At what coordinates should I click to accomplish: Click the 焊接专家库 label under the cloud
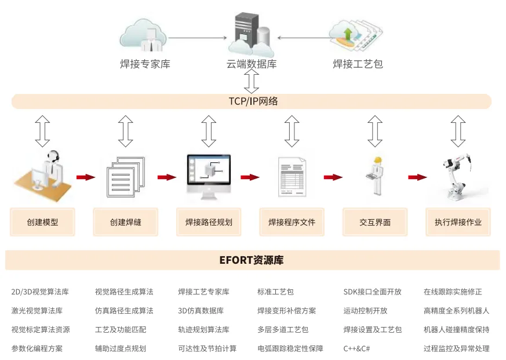145,64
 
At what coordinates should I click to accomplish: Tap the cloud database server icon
251,35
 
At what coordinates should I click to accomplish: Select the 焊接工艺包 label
358,64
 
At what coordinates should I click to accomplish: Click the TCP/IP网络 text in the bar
253,101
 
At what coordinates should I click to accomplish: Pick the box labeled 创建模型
42,222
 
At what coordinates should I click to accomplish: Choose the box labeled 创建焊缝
126,222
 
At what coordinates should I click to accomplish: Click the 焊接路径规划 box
209,222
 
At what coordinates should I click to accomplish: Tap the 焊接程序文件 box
292,222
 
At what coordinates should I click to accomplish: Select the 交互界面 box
375,222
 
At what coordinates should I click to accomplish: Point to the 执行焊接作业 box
458,222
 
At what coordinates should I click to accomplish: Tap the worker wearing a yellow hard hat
376,176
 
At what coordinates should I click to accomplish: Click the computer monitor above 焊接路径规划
209,177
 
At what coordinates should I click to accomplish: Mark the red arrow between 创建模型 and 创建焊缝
86,177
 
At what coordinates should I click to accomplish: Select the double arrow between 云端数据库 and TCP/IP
252,81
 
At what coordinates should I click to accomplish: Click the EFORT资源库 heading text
252,260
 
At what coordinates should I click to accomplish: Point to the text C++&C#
356,349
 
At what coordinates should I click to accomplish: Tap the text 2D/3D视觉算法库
40,292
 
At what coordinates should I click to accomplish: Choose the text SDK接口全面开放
373,292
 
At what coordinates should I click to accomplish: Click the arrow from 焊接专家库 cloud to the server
198,38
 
